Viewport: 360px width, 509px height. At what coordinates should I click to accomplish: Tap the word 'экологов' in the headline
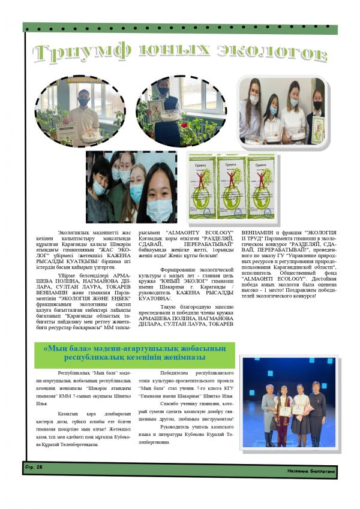coord(272,53)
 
